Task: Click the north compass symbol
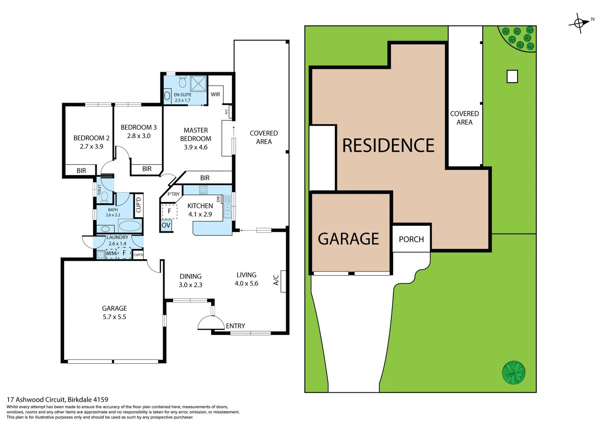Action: (x=579, y=23)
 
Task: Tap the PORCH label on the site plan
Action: (x=411, y=239)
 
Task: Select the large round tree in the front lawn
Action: (x=514, y=373)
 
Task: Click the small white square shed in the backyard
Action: (x=512, y=76)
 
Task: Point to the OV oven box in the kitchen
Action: (x=166, y=225)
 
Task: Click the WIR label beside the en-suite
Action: (x=215, y=94)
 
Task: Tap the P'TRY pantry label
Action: (x=173, y=194)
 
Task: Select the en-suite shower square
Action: (x=198, y=84)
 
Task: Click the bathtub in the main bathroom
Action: (x=130, y=226)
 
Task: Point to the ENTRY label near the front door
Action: (x=236, y=326)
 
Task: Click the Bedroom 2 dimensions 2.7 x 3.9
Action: (x=91, y=147)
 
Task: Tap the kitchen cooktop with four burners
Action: (x=203, y=189)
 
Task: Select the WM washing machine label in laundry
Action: (x=111, y=253)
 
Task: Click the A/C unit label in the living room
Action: (x=276, y=280)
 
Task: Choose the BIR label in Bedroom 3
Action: (x=147, y=169)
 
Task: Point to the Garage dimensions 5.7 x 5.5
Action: (x=114, y=317)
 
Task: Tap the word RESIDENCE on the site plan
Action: (x=388, y=145)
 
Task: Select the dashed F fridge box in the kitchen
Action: (x=169, y=211)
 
